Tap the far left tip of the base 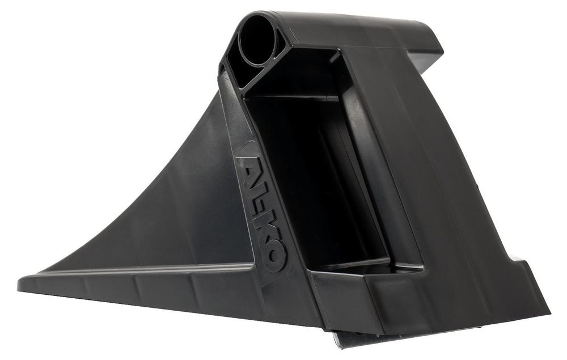[x=18, y=283]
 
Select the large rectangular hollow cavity [x=318, y=173]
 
